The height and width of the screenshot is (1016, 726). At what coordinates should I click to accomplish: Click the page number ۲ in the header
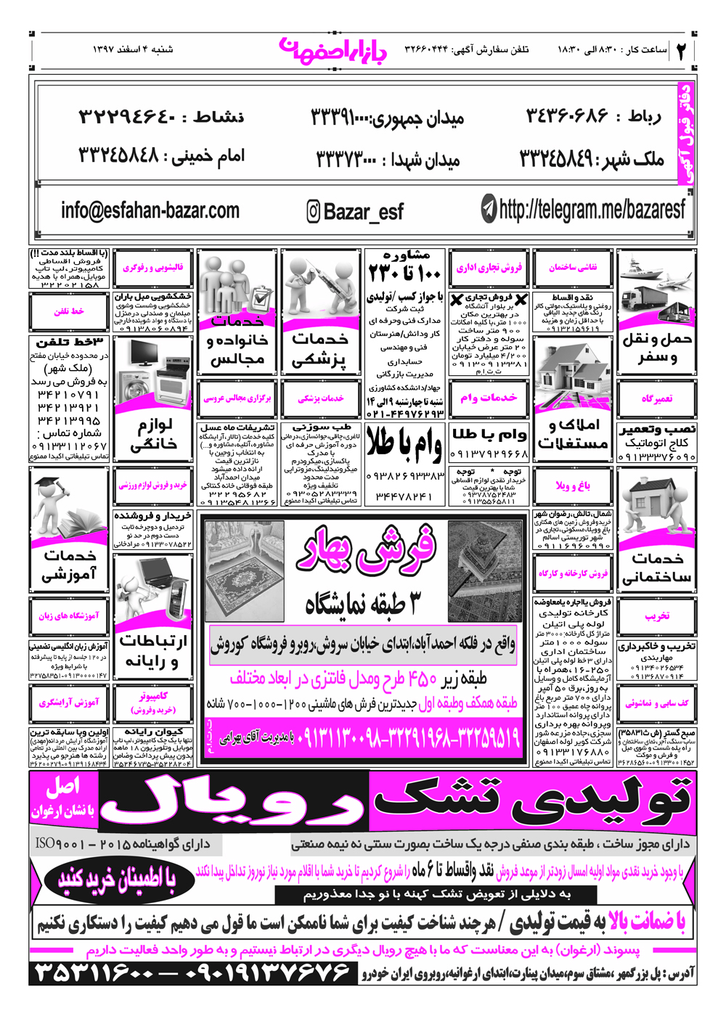[x=682, y=50]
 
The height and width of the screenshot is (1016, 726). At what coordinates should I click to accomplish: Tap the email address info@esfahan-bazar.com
[x=150, y=210]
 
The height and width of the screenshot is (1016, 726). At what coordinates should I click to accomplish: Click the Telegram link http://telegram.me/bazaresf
[x=592, y=210]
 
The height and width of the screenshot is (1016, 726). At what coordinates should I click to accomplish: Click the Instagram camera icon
[x=313, y=212]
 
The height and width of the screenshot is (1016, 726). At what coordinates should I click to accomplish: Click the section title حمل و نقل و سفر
[x=656, y=348]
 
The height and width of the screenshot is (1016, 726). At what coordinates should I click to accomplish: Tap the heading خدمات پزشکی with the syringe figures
[x=319, y=348]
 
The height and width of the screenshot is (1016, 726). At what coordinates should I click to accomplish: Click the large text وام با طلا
[x=404, y=443]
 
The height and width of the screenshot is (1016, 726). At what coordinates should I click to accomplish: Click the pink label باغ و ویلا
[x=573, y=486]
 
